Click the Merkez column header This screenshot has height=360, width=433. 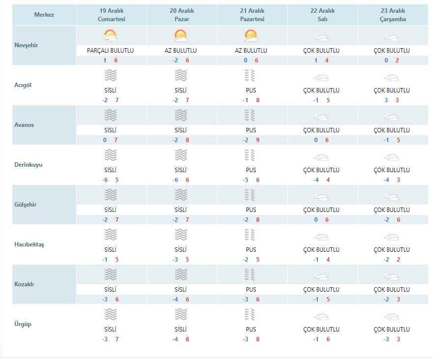[44, 15]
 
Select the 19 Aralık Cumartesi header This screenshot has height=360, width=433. [111, 15]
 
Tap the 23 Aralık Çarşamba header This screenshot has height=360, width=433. [392, 15]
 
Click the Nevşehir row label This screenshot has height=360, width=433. [26, 45]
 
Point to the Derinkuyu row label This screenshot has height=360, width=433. [28, 165]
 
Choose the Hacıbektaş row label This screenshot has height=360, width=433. [29, 244]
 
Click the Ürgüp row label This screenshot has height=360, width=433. [23, 324]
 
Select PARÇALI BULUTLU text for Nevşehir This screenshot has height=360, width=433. [110, 51]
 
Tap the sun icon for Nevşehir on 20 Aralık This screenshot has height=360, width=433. [181, 36]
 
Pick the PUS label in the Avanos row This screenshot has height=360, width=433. [251, 130]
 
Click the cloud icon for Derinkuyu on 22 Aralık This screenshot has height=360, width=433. [321, 157]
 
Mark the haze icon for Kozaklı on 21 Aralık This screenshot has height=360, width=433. [251, 274]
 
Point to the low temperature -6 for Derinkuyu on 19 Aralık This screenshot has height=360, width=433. [105, 180]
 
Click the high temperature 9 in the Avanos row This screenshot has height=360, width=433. [258, 140]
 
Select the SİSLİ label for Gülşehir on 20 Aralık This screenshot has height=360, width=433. [181, 210]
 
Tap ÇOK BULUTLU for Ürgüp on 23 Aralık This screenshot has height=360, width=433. [392, 330]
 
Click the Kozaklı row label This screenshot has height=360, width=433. [25, 284]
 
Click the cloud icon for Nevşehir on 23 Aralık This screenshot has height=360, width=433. [391, 38]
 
